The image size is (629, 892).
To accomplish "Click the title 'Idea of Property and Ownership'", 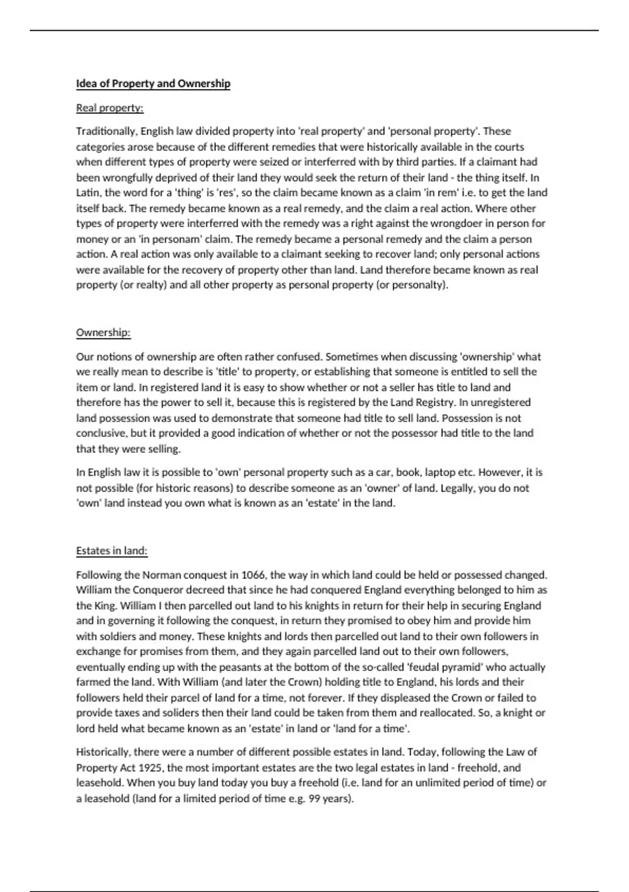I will [153, 84].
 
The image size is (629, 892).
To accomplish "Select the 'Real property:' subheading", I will [110, 108].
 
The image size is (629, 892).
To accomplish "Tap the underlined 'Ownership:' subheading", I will [103, 333].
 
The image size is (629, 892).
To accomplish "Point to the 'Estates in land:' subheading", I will [112, 551].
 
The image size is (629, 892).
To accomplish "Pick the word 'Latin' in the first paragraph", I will [88, 193].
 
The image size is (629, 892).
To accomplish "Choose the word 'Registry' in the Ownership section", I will [435, 402].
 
